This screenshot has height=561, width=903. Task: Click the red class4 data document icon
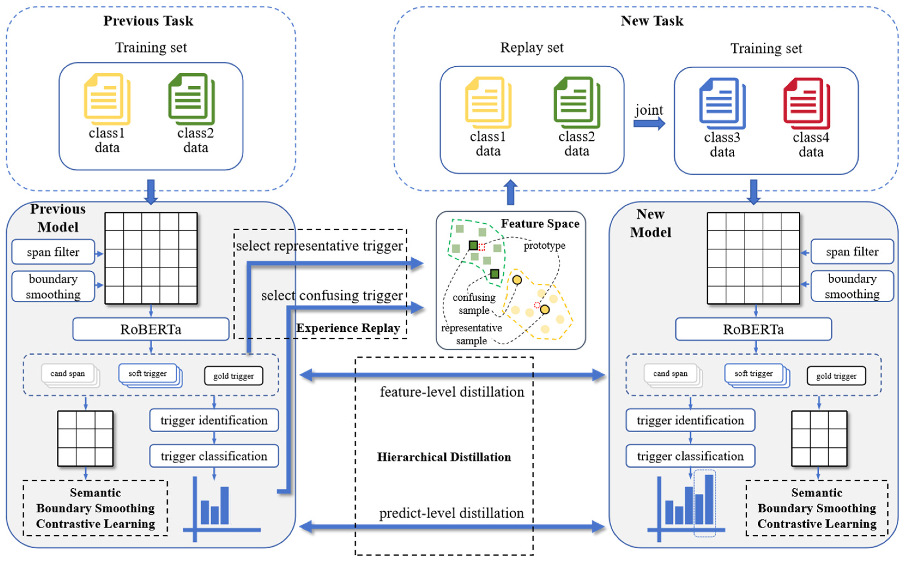click(x=806, y=103)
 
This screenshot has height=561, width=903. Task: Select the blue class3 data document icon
click(x=722, y=103)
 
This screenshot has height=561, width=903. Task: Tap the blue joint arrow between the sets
click(x=649, y=123)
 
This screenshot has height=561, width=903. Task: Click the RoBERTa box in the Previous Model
click(x=151, y=329)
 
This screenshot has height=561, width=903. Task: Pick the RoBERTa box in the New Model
click(x=753, y=329)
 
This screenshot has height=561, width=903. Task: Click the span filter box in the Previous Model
click(x=53, y=252)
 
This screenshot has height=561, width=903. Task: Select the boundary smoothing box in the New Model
click(x=852, y=286)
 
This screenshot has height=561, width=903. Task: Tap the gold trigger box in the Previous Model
click(x=234, y=376)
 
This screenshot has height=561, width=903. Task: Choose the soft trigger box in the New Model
click(x=753, y=374)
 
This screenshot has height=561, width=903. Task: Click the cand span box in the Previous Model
click(x=68, y=374)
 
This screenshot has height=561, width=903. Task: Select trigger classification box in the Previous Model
click(x=214, y=456)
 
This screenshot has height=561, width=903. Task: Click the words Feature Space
click(x=540, y=224)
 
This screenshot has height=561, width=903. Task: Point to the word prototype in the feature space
click(x=544, y=246)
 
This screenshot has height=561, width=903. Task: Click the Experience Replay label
click(x=348, y=328)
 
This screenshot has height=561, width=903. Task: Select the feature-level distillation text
click(x=452, y=392)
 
